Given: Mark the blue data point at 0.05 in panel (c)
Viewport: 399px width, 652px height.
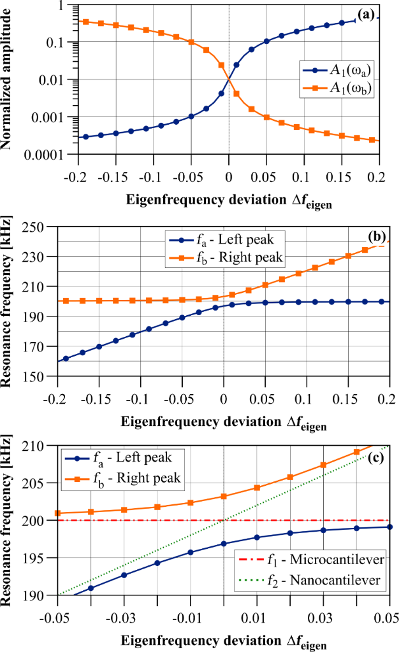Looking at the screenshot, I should (389, 527).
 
